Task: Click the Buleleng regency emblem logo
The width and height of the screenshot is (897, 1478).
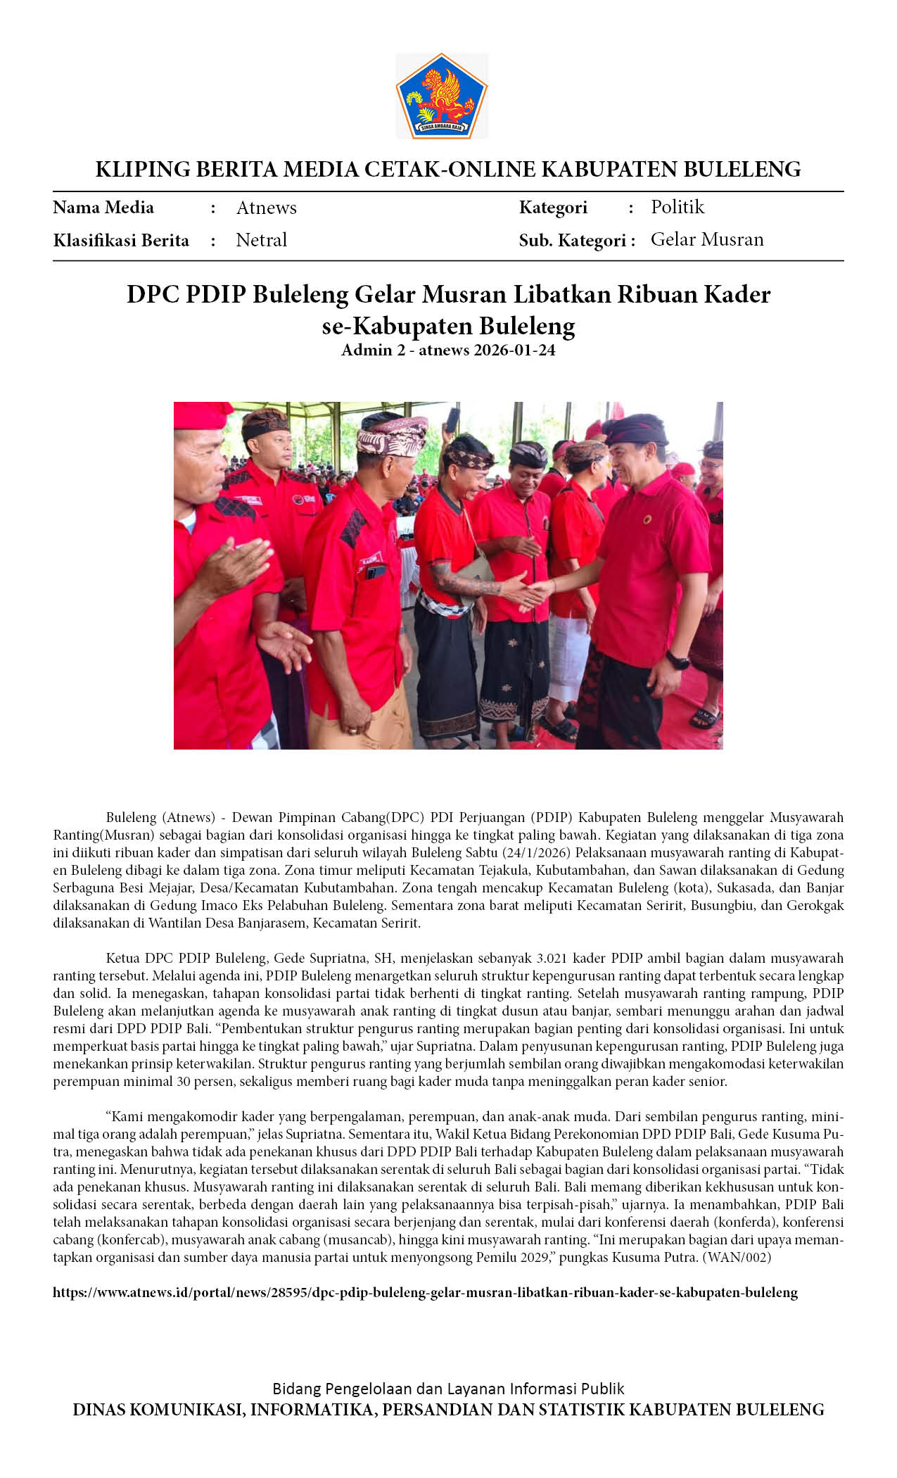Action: tap(442, 96)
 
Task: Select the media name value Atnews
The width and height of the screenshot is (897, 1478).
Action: tap(266, 208)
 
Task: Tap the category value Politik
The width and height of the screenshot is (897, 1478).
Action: tap(677, 207)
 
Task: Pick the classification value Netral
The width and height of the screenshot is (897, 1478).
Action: tap(261, 240)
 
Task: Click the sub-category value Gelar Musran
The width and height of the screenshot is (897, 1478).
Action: tap(706, 239)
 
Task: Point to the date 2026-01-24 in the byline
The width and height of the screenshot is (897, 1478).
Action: tap(514, 350)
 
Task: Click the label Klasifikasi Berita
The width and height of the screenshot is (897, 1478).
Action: tap(121, 241)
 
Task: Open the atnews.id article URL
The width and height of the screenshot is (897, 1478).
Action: tap(425, 1292)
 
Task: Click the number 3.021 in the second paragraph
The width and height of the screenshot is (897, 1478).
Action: tap(552, 958)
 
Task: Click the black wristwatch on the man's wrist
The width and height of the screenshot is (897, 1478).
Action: tap(677, 661)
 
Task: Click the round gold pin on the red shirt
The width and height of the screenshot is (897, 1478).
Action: tap(647, 519)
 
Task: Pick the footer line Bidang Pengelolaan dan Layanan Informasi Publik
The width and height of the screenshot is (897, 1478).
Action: tap(448, 1389)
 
